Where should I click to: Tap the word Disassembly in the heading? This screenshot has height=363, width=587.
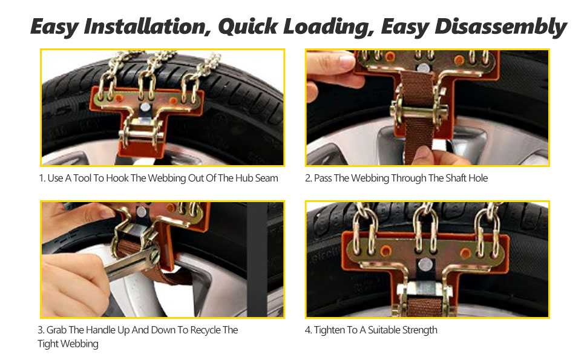coord(500,27)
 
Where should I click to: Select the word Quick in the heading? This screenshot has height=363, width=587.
coord(248,27)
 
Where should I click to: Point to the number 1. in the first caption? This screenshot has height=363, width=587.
coord(42,178)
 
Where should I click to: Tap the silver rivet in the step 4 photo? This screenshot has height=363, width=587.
coord(425,265)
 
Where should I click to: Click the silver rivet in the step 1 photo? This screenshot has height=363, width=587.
coord(145,108)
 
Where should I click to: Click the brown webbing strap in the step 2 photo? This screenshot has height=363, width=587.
coord(419,113)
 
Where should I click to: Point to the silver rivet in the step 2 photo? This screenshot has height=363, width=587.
coord(424,68)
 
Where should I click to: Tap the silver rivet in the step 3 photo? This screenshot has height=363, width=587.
coord(141,212)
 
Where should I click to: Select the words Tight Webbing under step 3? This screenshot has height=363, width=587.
coord(68,344)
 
